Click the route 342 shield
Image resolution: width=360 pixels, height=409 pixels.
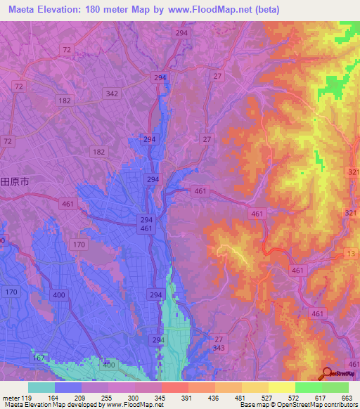pos(111,93)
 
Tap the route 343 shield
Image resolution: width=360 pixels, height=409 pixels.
pos(219,349)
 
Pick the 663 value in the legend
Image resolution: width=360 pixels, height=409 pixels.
pos(347,397)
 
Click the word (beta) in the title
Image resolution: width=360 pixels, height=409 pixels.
pos(264,10)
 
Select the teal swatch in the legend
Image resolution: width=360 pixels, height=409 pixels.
pos(41,387)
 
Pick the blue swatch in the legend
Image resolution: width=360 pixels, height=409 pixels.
pos(67,387)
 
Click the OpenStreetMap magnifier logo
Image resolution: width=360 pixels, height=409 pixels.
pos(326,372)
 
